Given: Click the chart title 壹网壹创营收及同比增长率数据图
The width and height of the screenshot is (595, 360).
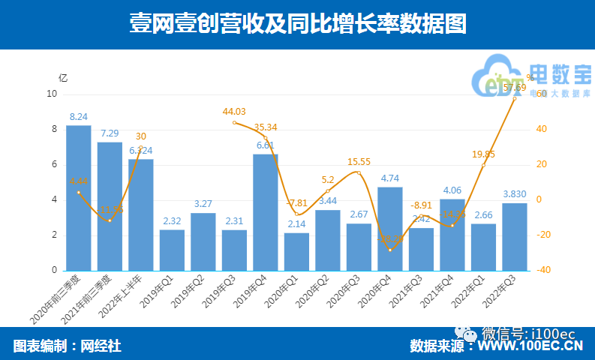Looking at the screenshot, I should (297, 23).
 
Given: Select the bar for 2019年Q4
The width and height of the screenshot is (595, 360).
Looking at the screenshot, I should (266, 212).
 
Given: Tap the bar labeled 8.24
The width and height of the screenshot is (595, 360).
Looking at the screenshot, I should (79, 197).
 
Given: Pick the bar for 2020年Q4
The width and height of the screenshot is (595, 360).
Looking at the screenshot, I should (390, 229).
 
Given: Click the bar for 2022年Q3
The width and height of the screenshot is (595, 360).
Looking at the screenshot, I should (515, 236).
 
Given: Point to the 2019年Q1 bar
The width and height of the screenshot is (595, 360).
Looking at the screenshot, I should (172, 250).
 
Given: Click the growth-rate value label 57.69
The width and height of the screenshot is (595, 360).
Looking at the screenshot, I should (514, 88).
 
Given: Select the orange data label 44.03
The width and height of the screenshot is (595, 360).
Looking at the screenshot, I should (235, 112).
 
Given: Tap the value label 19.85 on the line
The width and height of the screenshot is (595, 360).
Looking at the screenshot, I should (483, 154).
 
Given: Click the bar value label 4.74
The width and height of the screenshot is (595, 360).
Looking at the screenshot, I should (390, 178).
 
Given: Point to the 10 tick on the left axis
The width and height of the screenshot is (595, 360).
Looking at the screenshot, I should (52, 94).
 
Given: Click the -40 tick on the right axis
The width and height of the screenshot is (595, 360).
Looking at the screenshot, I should (539, 270).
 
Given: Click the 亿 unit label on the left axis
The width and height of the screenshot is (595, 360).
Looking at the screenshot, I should (63, 77).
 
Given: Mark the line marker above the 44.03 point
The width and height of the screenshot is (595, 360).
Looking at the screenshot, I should (235, 122).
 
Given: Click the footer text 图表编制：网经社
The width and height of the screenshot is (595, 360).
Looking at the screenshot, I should (67, 346).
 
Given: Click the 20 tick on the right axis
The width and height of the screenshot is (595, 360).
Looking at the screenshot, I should (539, 164).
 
